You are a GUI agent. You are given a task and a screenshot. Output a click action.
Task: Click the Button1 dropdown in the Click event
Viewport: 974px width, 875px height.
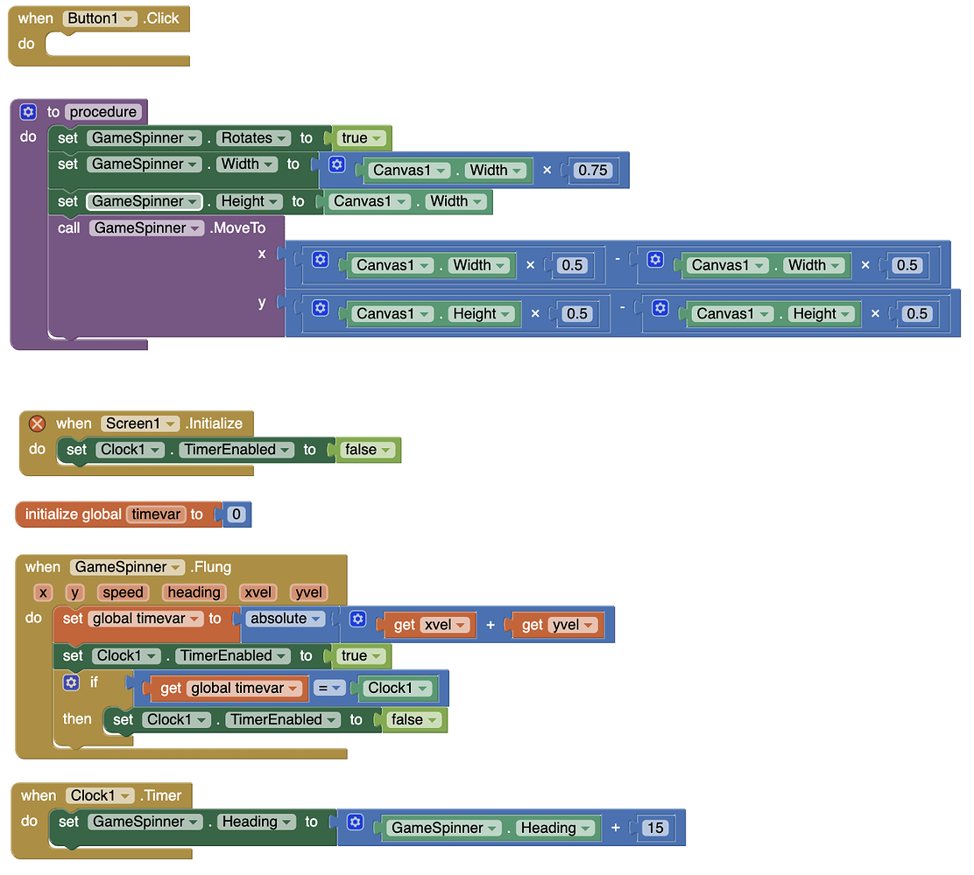coord(99,18)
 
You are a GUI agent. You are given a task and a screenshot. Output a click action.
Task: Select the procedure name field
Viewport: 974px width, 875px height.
coord(103,112)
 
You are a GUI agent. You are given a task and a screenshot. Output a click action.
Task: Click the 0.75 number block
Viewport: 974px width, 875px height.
coord(593,170)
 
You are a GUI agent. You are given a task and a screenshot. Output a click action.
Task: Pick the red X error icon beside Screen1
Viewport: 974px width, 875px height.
coord(38,423)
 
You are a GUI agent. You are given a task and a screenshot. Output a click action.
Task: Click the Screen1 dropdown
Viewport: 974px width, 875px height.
coord(140,423)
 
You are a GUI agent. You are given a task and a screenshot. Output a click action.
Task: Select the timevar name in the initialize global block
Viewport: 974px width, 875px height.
coord(156,514)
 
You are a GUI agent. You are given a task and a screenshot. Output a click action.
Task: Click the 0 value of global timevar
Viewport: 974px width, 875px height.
coord(236,514)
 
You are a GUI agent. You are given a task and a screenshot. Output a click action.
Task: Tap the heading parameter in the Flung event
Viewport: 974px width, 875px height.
coord(194,592)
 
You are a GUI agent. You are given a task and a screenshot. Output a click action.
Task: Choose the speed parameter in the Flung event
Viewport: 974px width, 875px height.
coord(123,592)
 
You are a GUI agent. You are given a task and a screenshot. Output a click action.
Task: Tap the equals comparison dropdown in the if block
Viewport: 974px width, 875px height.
coord(328,689)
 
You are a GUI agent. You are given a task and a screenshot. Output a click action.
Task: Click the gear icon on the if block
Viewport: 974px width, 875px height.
coord(72,682)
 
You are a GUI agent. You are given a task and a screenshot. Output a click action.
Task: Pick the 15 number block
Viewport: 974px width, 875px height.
coord(655,828)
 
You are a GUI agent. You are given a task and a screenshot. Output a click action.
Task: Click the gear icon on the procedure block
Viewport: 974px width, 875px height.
coord(28,112)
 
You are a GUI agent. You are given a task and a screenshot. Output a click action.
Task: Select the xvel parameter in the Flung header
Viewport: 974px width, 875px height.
coord(258,592)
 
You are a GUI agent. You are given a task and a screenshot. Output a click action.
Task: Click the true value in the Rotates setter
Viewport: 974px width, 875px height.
coord(361,137)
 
